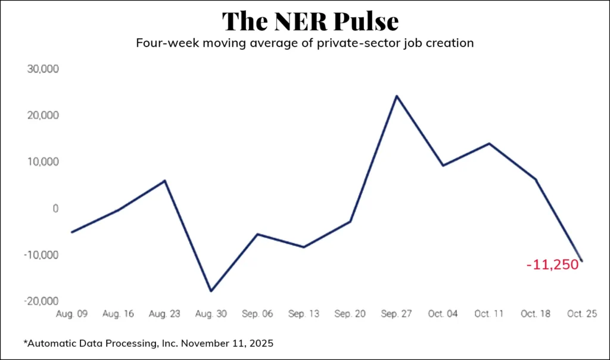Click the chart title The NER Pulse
click(310, 21)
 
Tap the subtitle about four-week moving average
click(304, 44)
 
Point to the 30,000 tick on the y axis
click(43, 69)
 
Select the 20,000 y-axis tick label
click(43, 115)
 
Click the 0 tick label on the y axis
click(55, 209)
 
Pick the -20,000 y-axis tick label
click(42, 302)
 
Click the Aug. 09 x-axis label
click(71, 314)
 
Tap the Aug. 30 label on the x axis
click(211, 314)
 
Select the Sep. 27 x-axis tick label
click(396, 314)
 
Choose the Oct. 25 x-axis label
click(581, 314)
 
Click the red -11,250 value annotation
click(553, 265)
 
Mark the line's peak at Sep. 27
click(397, 95)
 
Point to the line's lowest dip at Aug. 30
click(211, 291)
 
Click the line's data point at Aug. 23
click(164, 180)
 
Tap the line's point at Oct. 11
click(489, 143)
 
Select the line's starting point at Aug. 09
click(71, 232)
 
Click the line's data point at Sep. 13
click(304, 247)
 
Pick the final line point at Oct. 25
click(581, 261)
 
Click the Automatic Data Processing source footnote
click(148, 344)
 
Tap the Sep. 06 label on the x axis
click(257, 314)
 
